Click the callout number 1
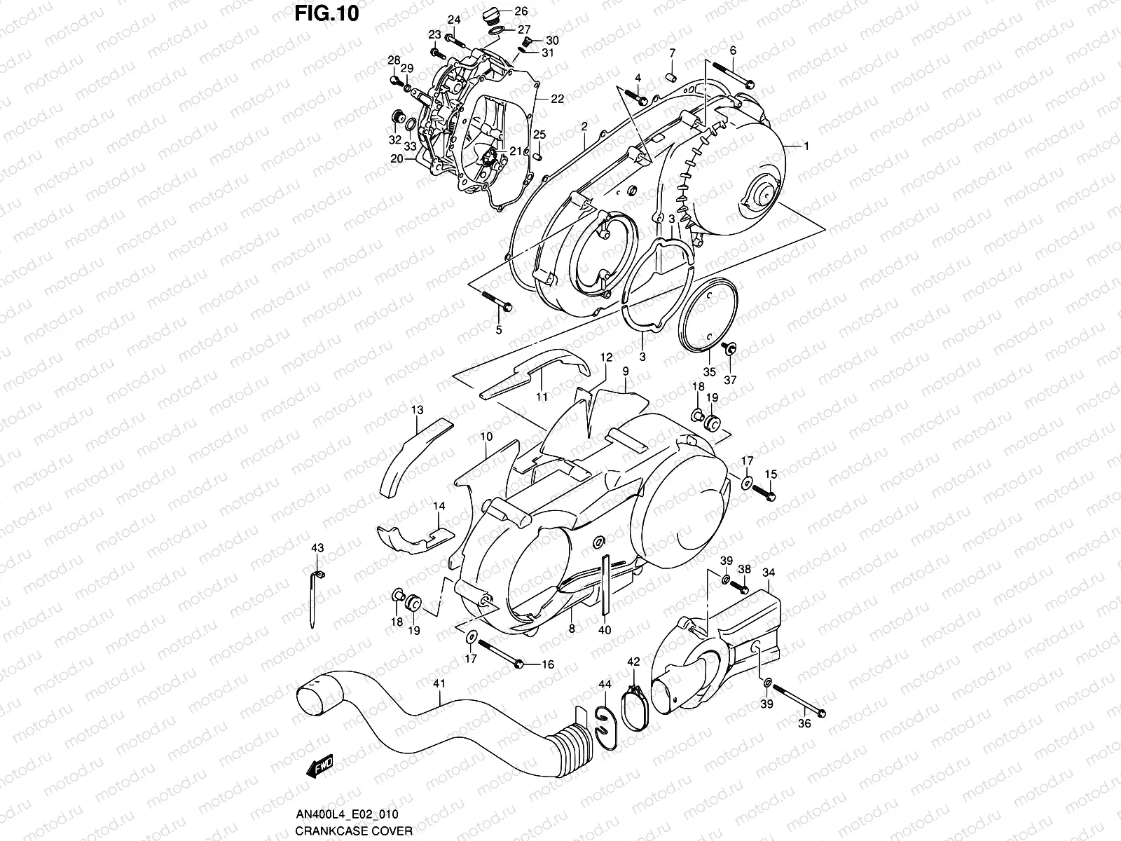(x=806, y=146)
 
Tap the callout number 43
(x=317, y=547)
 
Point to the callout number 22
(x=557, y=99)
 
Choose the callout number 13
(x=418, y=409)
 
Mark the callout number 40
(x=605, y=629)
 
